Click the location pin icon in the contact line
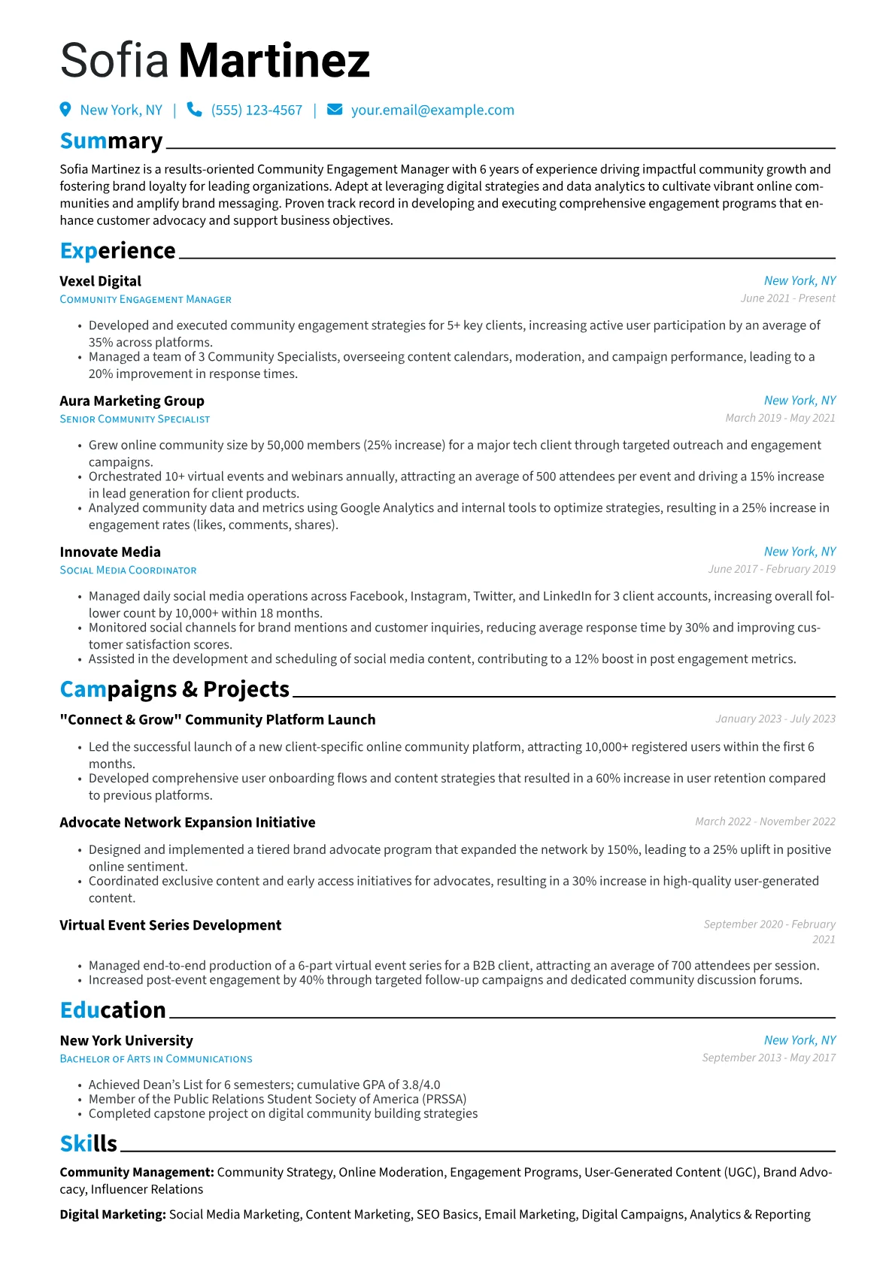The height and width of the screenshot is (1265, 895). (x=65, y=110)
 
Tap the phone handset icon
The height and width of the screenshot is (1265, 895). (x=194, y=110)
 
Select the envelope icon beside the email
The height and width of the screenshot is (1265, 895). (x=335, y=110)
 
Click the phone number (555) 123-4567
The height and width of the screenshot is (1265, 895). (x=256, y=110)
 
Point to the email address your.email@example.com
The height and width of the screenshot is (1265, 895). (x=432, y=110)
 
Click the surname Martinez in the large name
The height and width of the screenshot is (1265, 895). (x=275, y=61)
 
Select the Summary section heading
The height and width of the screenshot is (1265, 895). (x=111, y=141)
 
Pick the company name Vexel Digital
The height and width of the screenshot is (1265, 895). (x=101, y=281)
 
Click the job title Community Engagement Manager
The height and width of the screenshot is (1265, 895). (x=146, y=300)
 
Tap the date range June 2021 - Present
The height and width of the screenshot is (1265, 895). (x=787, y=298)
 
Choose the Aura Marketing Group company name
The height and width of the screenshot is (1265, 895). (x=132, y=401)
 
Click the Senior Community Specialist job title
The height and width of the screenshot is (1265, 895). (x=135, y=419)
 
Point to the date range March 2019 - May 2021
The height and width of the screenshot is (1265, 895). (x=780, y=418)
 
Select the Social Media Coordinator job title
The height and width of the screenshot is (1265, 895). (x=129, y=570)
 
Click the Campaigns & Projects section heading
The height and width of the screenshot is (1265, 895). (x=174, y=689)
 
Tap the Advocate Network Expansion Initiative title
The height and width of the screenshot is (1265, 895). (x=188, y=822)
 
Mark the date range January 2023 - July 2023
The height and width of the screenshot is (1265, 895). (x=775, y=719)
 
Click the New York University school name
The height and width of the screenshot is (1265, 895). (x=126, y=1041)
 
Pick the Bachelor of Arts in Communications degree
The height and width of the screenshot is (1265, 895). (x=156, y=1059)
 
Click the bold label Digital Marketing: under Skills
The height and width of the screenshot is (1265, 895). (x=113, y=1215)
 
